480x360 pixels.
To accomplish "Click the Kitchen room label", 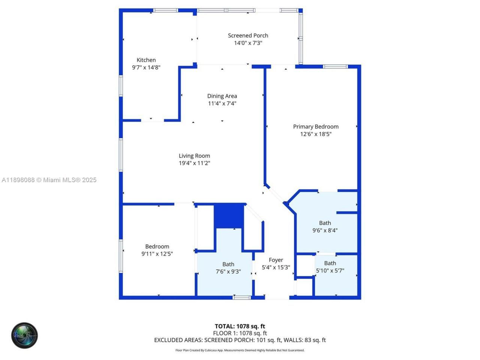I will coord(146,60).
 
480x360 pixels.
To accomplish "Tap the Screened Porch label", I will coord(248,36).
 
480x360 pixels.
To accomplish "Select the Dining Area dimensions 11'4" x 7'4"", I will coord(222,103).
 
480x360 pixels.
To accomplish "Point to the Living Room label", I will coord(194,156).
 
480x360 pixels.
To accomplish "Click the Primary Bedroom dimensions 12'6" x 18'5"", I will coord(316,134).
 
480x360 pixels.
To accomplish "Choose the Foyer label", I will coord(276,260).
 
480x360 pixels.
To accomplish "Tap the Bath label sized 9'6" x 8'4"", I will coord(325,223).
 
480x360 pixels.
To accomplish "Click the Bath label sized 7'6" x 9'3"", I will coord(228,264).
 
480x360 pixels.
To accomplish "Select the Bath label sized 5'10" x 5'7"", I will coord(330,263).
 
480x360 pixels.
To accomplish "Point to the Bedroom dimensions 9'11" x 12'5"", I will coord(157,254).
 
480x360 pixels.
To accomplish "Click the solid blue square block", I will coord(229,216).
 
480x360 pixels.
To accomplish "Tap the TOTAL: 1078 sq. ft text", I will coord(240,326).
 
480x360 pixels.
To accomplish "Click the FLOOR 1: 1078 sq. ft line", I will coord(240,333).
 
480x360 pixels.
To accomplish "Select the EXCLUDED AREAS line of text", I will coord(240,340).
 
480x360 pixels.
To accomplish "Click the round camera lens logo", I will coord(24,335).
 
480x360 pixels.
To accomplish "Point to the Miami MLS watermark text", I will coord(49,180).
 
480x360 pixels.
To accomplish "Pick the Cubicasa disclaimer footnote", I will coord(240,350).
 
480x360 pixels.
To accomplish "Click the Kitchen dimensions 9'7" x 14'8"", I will coord(146,67).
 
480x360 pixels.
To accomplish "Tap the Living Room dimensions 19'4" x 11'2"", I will coord(194,163).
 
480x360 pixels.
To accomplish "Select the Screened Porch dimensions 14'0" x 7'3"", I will coord(248,43).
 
